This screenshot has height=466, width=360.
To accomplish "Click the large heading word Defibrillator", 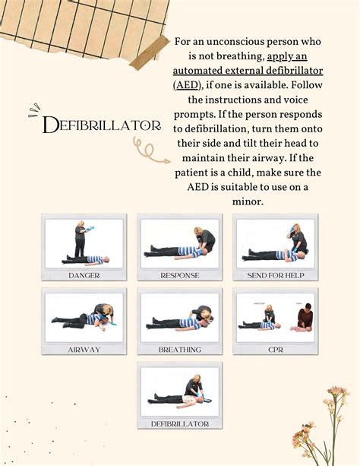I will point(103,125).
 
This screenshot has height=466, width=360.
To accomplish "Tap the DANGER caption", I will point(84,275).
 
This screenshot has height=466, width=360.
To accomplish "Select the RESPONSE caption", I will point(180,275).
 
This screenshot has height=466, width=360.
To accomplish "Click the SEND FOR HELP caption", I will point(276,275).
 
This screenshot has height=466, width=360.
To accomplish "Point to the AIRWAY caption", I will point(84,350).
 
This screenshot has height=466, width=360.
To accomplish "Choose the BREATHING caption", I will point(180,350).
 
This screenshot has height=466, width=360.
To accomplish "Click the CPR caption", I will point(276,350).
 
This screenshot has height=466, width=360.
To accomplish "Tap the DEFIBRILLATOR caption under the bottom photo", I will point(180,423).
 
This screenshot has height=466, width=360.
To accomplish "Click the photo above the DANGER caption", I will point(84,243).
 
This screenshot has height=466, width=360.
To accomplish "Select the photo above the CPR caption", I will point(276,317).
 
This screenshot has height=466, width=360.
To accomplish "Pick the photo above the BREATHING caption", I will point(180,317).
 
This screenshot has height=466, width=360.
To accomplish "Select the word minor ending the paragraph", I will point(248,201).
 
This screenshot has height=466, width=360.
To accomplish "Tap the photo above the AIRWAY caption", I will point(84,317).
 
